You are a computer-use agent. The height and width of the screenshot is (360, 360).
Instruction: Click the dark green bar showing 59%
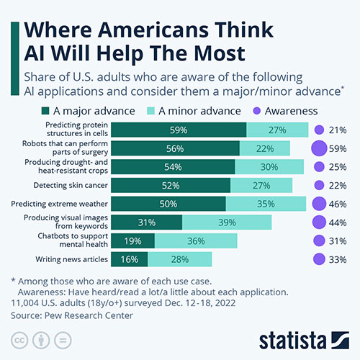tap(179, 130)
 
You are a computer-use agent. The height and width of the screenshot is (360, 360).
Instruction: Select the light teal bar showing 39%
tap(227, 222)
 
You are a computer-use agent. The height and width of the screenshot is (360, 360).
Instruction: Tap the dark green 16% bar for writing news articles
tap(130, 259)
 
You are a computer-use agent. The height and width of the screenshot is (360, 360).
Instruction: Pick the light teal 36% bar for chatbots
tap(196, 240)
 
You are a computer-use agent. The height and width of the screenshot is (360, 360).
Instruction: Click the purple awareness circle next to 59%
tap(319, 148)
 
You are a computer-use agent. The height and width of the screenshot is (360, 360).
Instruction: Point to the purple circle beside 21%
tap(319, 130)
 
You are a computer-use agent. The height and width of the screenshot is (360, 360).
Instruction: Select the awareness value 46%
tap(338, 204)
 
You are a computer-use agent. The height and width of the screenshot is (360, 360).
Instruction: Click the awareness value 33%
tap(338, 259)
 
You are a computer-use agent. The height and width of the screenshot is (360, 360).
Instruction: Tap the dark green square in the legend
tap(45, 111)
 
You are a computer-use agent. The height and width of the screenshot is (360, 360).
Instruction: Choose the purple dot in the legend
tap(257, 111)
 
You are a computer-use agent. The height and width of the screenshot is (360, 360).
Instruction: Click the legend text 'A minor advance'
tap(199, 111)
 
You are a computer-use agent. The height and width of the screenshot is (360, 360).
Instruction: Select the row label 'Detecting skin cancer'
tap(71, 185)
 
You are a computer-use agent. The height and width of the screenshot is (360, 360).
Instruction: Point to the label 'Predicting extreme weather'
tap(59, 204)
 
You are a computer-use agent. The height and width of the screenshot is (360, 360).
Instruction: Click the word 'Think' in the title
tap(243, 30)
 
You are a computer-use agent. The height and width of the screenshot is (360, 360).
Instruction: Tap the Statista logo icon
tap(340, 340)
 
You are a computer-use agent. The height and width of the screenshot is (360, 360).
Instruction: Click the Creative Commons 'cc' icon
tap(19, 341)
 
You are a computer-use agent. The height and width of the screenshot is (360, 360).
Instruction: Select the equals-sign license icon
tap(63, 341)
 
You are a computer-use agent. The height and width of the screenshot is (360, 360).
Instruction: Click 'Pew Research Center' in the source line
tap(89, 315)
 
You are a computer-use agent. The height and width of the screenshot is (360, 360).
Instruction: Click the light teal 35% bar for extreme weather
tap(266, 204)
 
